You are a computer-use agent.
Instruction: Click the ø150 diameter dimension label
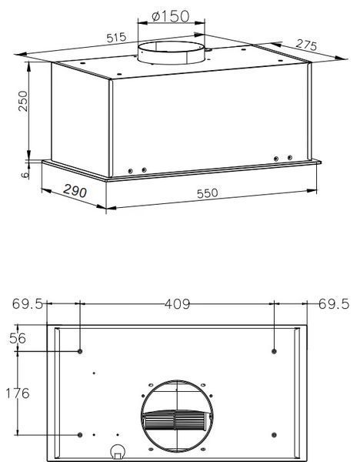171,16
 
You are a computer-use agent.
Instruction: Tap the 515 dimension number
116,38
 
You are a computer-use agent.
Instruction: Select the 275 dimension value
307,45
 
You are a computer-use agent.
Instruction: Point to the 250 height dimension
23,101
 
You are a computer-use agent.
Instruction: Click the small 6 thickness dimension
25,175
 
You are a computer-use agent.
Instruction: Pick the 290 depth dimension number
75,191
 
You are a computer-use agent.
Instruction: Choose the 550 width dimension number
208,193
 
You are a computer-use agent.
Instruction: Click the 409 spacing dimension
177,304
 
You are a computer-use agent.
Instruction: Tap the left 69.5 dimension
28,304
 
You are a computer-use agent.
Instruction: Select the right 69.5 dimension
334,304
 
